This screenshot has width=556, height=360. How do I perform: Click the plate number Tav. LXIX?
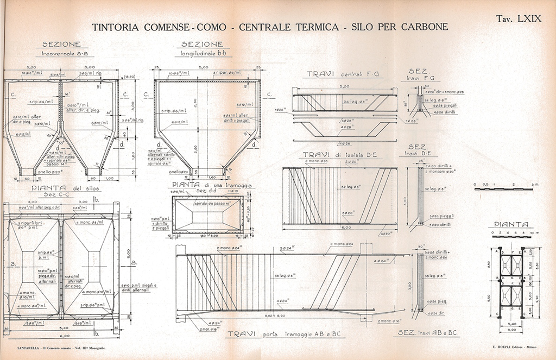pos(519,18)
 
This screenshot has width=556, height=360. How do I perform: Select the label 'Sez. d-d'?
pos(204,191)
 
